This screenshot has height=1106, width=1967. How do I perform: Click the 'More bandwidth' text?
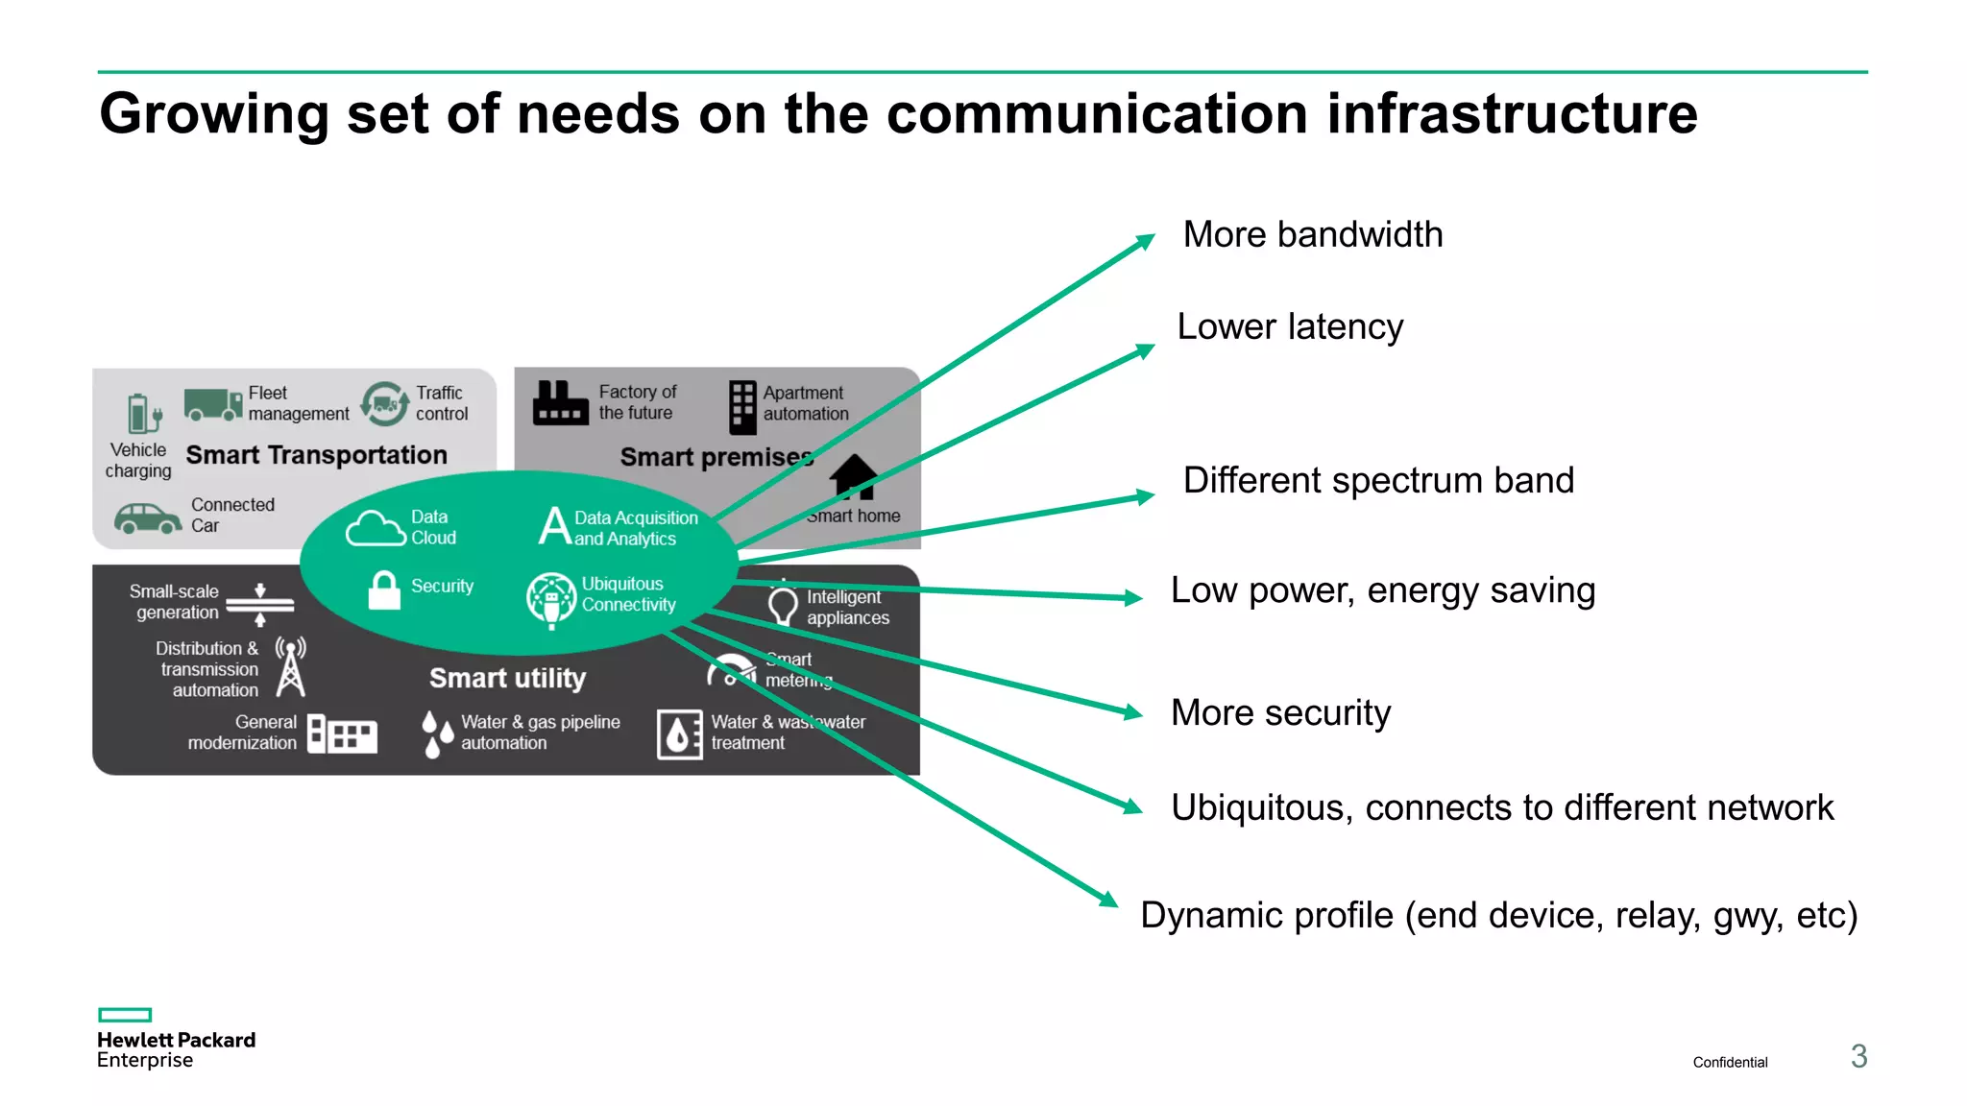coord(1312,235)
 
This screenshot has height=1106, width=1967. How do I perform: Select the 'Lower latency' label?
coord(1290,327)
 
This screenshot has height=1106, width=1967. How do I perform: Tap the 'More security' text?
coord(1280,713)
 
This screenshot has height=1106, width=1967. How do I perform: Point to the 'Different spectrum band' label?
coord(1378,481)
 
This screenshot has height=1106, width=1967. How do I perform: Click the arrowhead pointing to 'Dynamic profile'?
coord(1108,899)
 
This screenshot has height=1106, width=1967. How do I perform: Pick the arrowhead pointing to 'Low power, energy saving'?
coord(1133,597)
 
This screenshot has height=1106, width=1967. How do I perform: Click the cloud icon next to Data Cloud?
coord(375,529)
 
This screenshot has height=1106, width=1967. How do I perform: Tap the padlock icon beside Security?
coord(384,590)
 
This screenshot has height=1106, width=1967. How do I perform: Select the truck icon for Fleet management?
coord(212,404)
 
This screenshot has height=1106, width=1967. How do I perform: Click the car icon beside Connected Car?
coord(147,518)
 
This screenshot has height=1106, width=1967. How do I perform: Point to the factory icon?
coord(560,403)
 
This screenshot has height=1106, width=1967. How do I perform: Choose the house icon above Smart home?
coord(854,476)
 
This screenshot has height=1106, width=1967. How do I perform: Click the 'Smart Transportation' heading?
coord(316,455)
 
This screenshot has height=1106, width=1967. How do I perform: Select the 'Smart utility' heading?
coord(507,678)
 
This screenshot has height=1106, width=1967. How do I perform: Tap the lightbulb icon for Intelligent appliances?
coord(783,606)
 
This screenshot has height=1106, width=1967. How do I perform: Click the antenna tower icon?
coord(290,666)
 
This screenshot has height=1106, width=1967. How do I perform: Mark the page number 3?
coord(1858,1057)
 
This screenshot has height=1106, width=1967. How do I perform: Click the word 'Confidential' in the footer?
coord(1730,1062)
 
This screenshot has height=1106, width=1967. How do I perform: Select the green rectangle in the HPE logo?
coord(125,1015)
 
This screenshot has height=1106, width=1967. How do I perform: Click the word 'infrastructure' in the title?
coord(1512,114)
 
